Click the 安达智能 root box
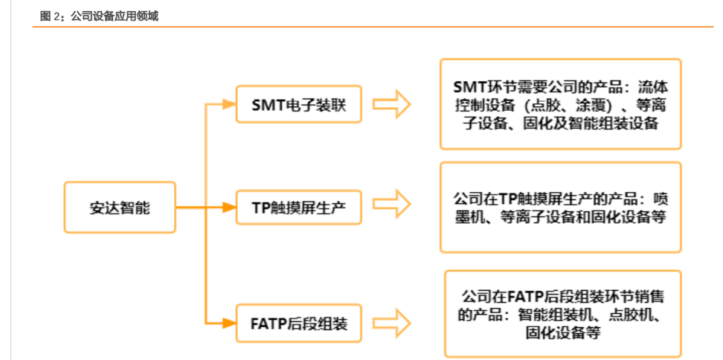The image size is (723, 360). point(120,208)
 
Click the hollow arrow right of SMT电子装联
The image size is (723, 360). point(391,106)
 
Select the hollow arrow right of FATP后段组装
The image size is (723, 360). point(391,324)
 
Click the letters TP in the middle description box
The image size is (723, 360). point(507,199)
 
